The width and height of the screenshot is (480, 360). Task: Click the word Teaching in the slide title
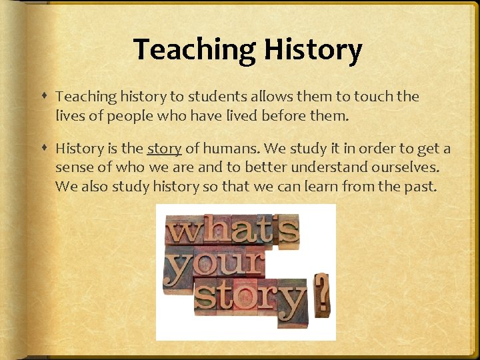(193, 50)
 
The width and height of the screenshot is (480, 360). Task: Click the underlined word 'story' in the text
(164, 149)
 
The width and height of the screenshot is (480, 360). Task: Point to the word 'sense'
(75, 167)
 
